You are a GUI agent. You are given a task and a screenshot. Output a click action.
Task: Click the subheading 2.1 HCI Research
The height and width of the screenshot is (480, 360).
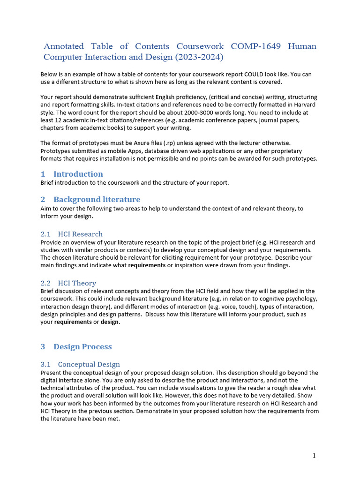(x=72, y=234)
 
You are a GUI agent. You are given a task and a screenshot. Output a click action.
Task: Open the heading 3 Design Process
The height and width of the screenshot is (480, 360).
(x=76, y=347)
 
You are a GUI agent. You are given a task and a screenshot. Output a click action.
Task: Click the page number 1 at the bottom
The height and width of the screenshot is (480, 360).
(x=314, y=456)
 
